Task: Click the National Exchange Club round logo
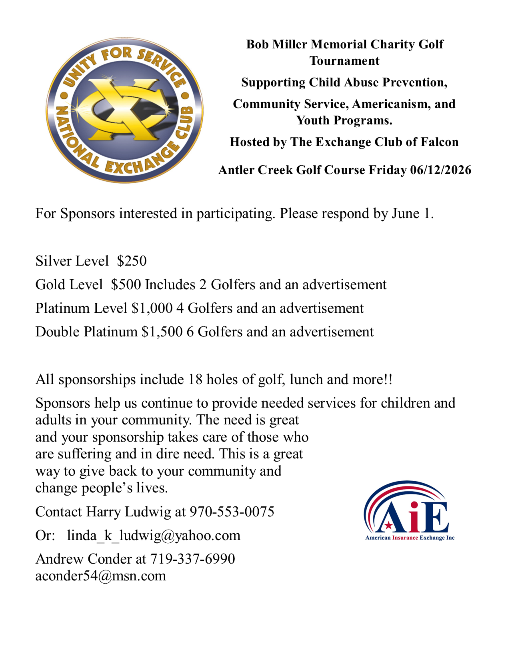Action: click(124, 110)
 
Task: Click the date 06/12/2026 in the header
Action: click(440, 170)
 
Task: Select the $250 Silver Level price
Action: click(132, 261)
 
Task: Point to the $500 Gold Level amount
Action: click(126, 284)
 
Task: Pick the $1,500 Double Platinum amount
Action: click(162, 332)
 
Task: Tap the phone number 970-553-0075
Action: click(232, 512)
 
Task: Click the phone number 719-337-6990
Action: click(192, 559)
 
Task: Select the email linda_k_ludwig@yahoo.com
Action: click(154, 535)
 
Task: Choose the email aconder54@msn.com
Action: click(100, 576)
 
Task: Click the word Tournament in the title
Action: click(344, 61)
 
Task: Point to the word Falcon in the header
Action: click(439, 142)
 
